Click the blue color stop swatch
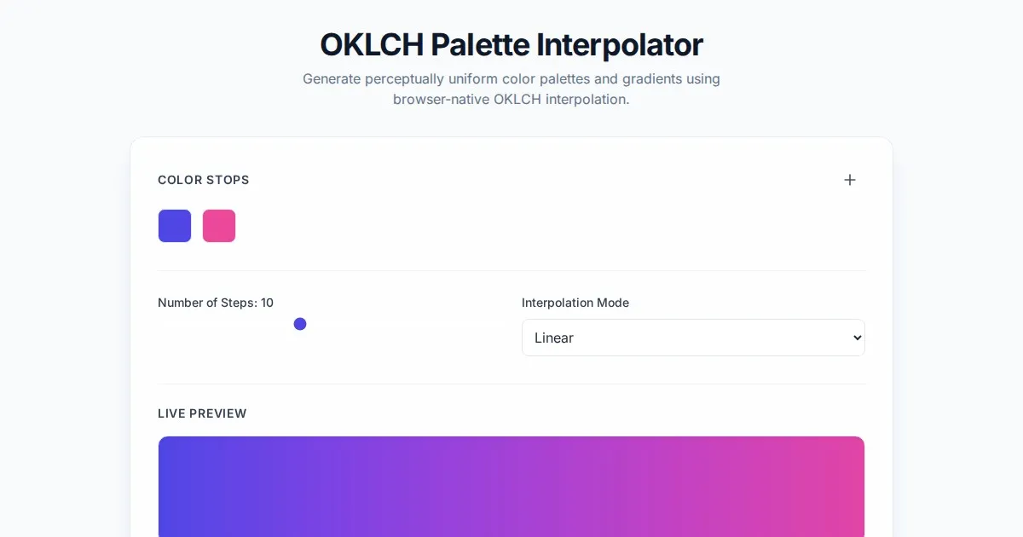175,226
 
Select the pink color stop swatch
219,226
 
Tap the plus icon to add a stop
849,180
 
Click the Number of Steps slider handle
300,324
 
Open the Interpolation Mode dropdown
693,338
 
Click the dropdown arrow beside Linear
857,338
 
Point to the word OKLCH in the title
372,44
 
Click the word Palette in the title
480,44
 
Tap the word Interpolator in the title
620,46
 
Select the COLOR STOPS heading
204,180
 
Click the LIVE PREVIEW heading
202,413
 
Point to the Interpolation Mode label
575,303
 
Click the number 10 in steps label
267,303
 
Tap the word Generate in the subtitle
332,78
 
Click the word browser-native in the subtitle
442,99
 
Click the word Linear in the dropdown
554,338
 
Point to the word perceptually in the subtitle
404,79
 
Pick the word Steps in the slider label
240,303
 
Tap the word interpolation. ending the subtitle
587,100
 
